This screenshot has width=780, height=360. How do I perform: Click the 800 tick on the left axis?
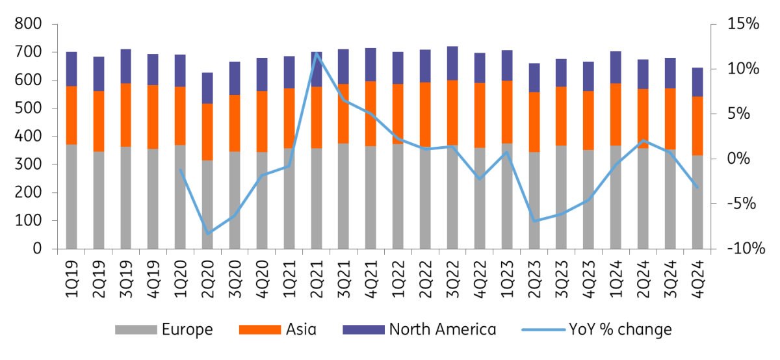tap(27, 25)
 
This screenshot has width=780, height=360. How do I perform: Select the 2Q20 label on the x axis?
tap(208, 276)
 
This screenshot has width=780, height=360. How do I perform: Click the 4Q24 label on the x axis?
tap(697, 276)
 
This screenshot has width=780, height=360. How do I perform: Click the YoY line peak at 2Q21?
tap(317, 54)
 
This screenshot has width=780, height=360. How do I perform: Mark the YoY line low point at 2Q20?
tap(208, 233)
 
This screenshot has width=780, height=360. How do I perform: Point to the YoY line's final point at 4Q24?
tap(697, 188)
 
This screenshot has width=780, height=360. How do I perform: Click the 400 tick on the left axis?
tap(27, 136)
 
